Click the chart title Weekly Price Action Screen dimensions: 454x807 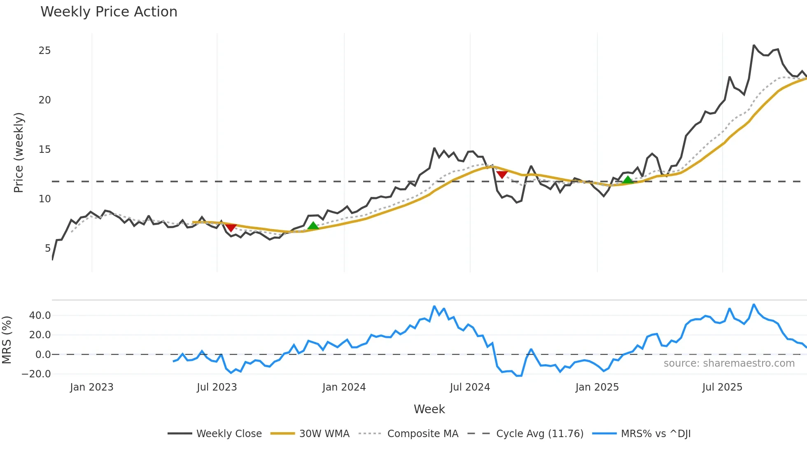tap(109, 12)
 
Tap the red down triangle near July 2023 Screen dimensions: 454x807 tap(231, 227)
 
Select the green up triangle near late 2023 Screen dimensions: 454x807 tap(313, 225)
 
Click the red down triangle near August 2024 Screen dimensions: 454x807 tap(502, 175)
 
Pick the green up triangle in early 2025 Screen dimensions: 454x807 tap(627, 180)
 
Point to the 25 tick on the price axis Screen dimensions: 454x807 tap(44, 51)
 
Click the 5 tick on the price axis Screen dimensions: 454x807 tap(48, 248)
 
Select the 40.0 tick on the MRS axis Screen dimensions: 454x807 tap(40, 316)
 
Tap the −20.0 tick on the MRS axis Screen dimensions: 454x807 tap(36, 374)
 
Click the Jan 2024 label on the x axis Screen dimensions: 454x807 tap(344, 387)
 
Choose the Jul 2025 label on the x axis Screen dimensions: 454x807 tap(722, 387)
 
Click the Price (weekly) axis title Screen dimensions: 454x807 tap(19, 152)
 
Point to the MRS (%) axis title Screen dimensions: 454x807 tap(7, 340)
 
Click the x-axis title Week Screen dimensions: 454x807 tap(429, 409)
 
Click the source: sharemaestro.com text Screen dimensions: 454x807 tap(729, 363)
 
